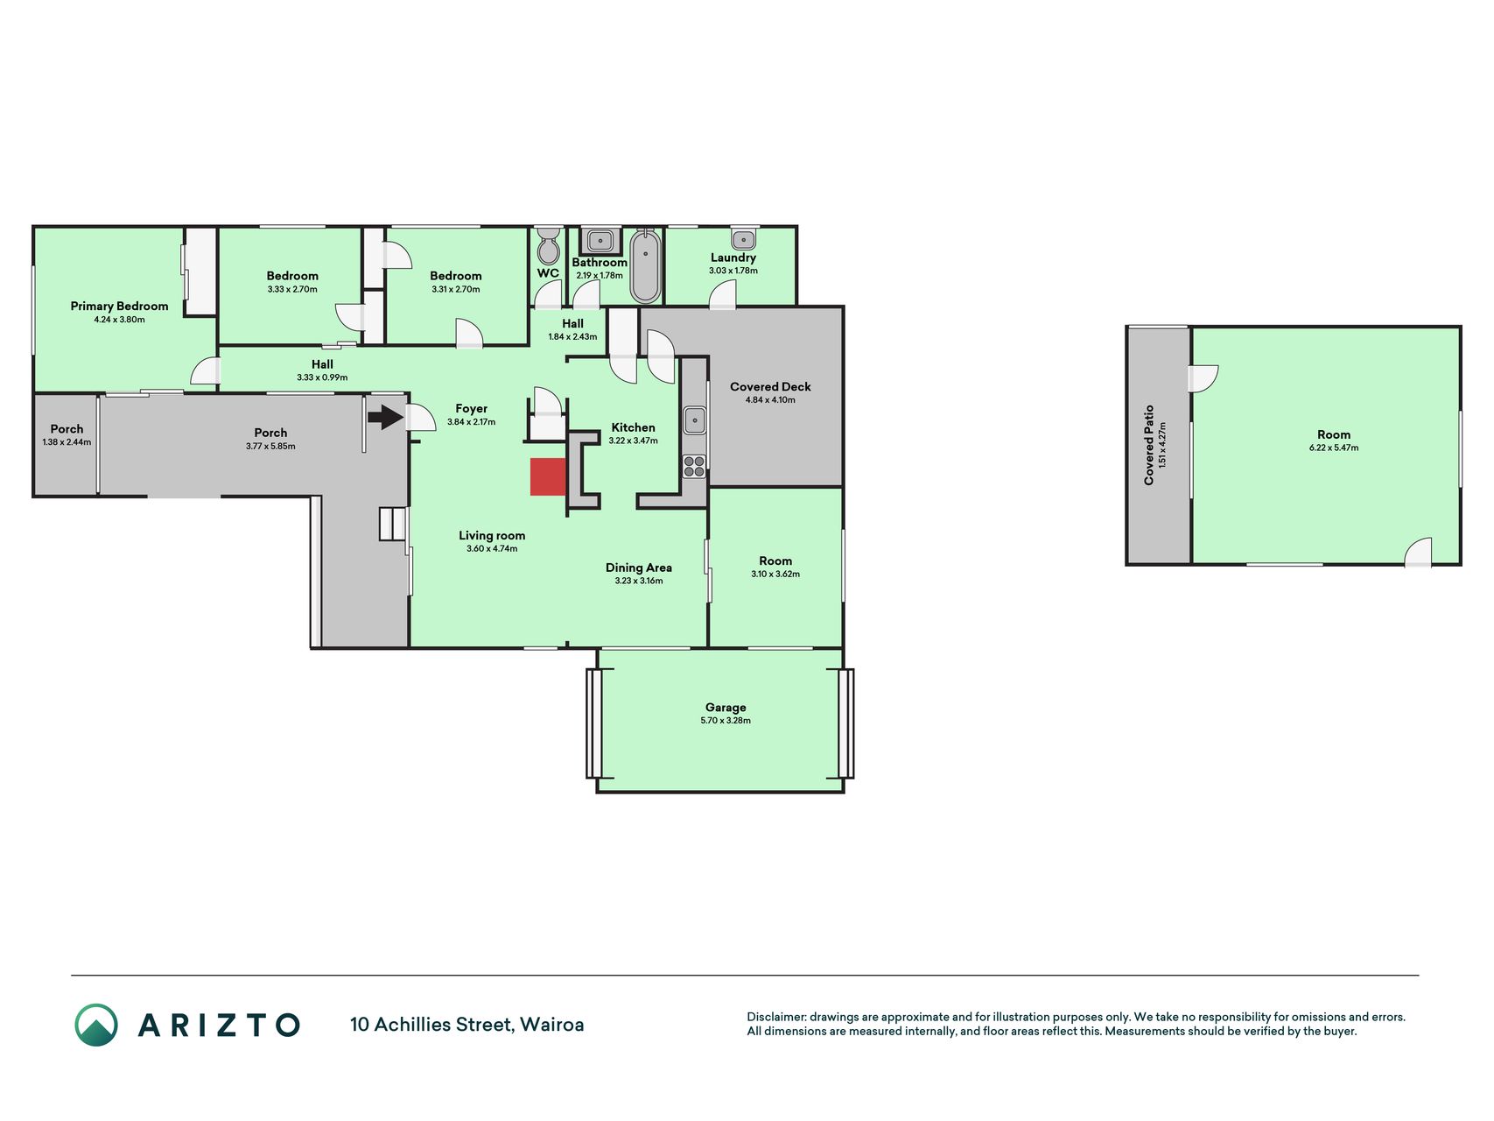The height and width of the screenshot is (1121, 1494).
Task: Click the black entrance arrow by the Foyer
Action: tap(385, 417)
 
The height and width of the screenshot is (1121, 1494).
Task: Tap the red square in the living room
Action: tap(548, 476)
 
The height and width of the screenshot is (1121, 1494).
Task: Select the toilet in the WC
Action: tap(548, 245)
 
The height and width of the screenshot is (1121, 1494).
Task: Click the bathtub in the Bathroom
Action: tap(646, 265)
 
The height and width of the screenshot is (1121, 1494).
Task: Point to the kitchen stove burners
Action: tap(694, 466)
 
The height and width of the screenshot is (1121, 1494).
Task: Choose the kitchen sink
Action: tap(695, 419)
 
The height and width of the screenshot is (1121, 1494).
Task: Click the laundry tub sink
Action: tap(743, 238)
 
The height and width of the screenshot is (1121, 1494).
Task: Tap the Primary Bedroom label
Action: tap(119, 306)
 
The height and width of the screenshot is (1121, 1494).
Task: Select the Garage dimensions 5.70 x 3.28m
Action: tap(726, 721)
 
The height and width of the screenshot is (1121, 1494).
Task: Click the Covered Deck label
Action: tap(770, 386)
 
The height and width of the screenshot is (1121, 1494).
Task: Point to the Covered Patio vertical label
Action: tap(1149, 445)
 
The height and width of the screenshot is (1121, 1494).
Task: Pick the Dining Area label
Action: tap(639, 568)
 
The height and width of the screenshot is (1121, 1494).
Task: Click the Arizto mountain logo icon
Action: tap(95, 1025)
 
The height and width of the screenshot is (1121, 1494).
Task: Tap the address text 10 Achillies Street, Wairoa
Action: tap(466, 1025)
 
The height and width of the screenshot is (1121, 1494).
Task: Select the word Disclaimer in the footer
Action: tap(775, 1017)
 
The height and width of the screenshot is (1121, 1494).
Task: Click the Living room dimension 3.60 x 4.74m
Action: tap(492, 549)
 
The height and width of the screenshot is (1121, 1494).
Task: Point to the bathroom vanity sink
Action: tap(600, 240)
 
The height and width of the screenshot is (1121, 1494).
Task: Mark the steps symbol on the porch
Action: tap(393, 524)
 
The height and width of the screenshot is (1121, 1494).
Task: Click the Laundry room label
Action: tap(733, 257)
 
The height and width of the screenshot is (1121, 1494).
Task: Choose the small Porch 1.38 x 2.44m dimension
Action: tap(67, 442)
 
